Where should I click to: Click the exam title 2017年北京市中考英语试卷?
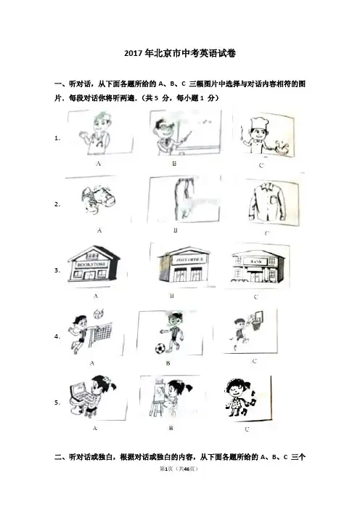tap(180, 53)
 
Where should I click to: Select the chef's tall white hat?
tap(259, 124)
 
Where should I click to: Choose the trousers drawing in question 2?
tap(184, 198)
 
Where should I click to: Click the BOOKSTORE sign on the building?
tap(91, 264)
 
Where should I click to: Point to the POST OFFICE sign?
tap(189, 259)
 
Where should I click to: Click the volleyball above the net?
tap(98, 315)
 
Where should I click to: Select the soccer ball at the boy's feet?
tap(160, 349)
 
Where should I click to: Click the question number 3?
tap(57, 270)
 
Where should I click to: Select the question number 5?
tap(57, 402)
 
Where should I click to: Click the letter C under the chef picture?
tap(261, 166)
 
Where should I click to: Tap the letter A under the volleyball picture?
tap(92, 363)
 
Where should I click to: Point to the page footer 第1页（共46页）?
tap(179, 469)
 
